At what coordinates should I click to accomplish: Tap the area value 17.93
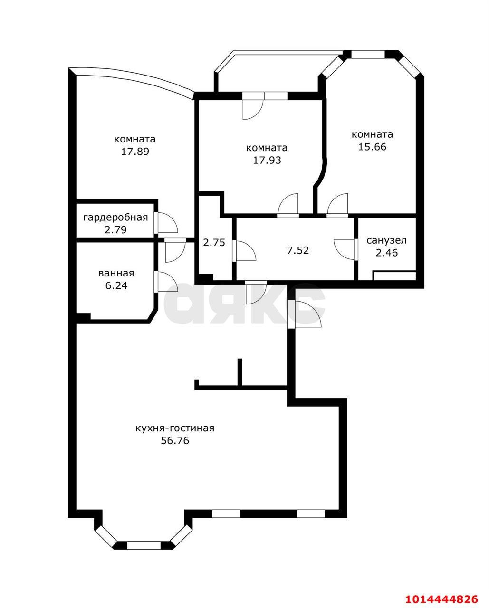click(x=267, y=160)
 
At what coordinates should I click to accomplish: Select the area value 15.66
click(x=372, y=147)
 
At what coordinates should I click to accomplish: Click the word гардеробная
click(x=115, y=218)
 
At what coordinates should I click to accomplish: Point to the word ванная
click(x=116, y=273)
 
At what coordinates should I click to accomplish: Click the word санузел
click(x=386, y=240)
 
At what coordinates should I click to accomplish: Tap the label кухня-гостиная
click(x=175, y=428)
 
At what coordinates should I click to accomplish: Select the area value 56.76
click(x=175, y=441)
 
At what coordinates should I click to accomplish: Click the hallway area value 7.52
click(x=297, y=250)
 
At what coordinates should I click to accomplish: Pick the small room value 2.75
click(x=214, y=242)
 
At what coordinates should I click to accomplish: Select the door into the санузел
click(x=345, y=249)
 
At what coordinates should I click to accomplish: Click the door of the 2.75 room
click(x=244, y=251)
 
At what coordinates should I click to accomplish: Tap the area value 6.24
click(x=116, y=286)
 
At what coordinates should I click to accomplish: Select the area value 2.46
click(x=386, y=253)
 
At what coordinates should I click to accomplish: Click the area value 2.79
click(x=115, y=230)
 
